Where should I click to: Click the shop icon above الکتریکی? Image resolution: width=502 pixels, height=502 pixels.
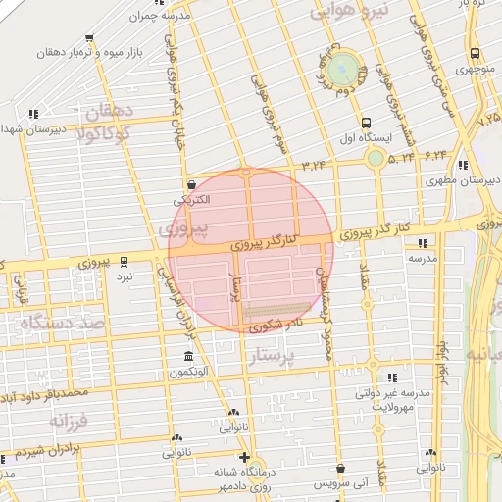click(x=190, y=182)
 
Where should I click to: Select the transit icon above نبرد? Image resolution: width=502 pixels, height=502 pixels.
click(x=124, y=261)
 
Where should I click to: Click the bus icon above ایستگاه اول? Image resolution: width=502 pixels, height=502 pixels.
click(x=366, y=124)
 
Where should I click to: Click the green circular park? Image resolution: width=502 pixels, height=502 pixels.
click(x=342, y=69)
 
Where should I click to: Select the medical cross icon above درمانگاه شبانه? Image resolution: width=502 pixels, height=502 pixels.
click(x=244, y=457)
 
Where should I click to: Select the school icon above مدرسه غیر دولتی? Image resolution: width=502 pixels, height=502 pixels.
click(x=392, y=377)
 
